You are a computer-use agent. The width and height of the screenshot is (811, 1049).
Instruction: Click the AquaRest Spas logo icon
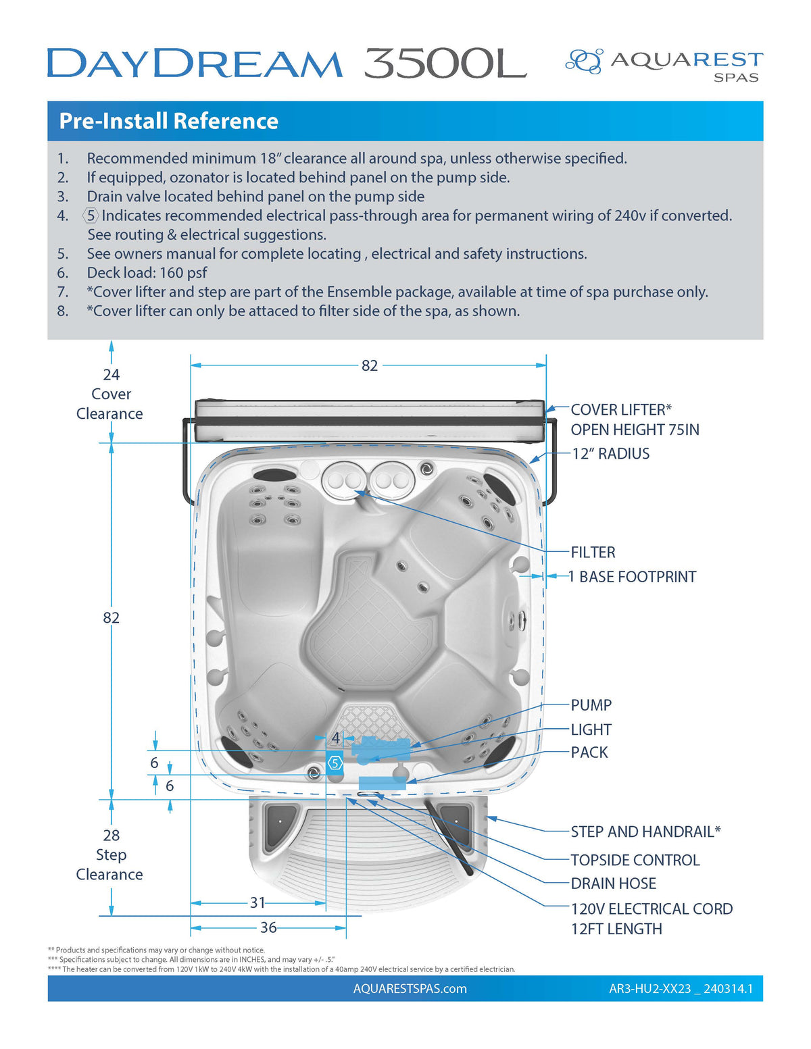(583, 61)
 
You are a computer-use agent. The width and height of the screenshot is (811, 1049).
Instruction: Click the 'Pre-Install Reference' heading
(168, 121)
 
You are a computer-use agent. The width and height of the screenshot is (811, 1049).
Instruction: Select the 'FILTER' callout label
(593, 553)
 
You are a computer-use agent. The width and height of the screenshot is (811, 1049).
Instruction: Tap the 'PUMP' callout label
(591, 705)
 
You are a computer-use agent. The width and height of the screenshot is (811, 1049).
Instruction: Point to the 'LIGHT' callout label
(591, 730)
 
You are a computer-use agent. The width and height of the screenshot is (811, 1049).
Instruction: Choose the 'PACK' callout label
(589, 752)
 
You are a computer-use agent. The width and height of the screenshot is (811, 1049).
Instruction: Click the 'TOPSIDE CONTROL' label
(635, 860)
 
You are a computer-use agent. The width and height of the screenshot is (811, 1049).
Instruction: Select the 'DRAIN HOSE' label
(613, 884)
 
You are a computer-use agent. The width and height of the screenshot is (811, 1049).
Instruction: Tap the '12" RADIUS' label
(610, 454)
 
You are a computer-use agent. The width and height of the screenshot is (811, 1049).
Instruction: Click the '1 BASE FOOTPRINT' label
(632, 577)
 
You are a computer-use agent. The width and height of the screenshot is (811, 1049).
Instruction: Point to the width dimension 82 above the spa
(369, 365)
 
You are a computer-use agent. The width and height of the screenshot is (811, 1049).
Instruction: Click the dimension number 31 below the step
(257, 902)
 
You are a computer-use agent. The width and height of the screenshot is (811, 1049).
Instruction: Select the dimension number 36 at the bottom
(268, 927)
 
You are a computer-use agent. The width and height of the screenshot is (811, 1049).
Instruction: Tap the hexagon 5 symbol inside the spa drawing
(335, 763)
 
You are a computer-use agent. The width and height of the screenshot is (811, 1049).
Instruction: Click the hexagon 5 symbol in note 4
(91, 215)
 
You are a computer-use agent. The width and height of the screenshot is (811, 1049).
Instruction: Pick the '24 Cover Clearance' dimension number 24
(111, 375)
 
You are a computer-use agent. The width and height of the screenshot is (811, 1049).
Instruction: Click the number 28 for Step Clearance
(111, 836)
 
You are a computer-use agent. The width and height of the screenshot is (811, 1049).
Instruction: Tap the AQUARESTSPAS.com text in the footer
(410, 989)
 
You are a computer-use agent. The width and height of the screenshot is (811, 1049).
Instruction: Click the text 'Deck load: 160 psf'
(147, 273)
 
